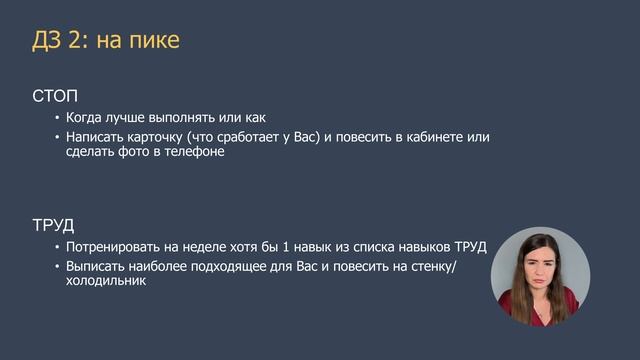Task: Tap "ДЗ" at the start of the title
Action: pyautogui.click(x=48, y=40)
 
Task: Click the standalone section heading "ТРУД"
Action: pyautogui.click(x=54, y=225)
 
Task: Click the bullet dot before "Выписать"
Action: pyautogui.click(x=57, y=267)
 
